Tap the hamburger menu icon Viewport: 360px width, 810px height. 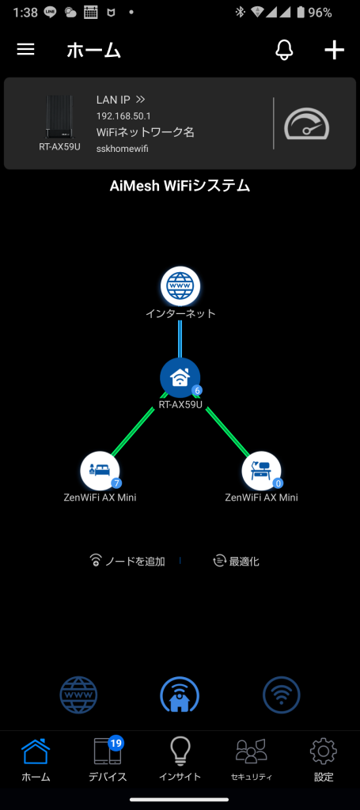tap(26, 50)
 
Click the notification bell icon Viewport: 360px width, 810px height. tap(284, 50)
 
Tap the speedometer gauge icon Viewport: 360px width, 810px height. tap(307, 124)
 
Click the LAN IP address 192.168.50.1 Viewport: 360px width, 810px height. tap(123, 115)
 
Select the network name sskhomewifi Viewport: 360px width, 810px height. tap(123, 149)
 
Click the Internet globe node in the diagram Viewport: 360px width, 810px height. tap(180, 286)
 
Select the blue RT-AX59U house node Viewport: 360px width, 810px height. tap(180, 378)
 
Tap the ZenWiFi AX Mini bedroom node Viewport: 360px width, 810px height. tap(100, 471)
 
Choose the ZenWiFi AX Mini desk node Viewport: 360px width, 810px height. tap(261, 471)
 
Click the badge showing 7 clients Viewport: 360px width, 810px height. tap(116, 483)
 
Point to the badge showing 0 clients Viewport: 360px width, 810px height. tap(279, 483)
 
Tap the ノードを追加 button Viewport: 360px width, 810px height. tap(127, 561)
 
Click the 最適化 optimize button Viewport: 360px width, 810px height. tap(236, 561)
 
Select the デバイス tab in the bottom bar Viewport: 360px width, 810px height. tap(108, 759)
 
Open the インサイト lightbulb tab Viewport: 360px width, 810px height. tap(180, 759)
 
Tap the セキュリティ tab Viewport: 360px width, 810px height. tap(252, 759)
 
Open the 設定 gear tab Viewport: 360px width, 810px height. tap(324, 759)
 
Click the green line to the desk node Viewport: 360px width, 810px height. tap(228, 432)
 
